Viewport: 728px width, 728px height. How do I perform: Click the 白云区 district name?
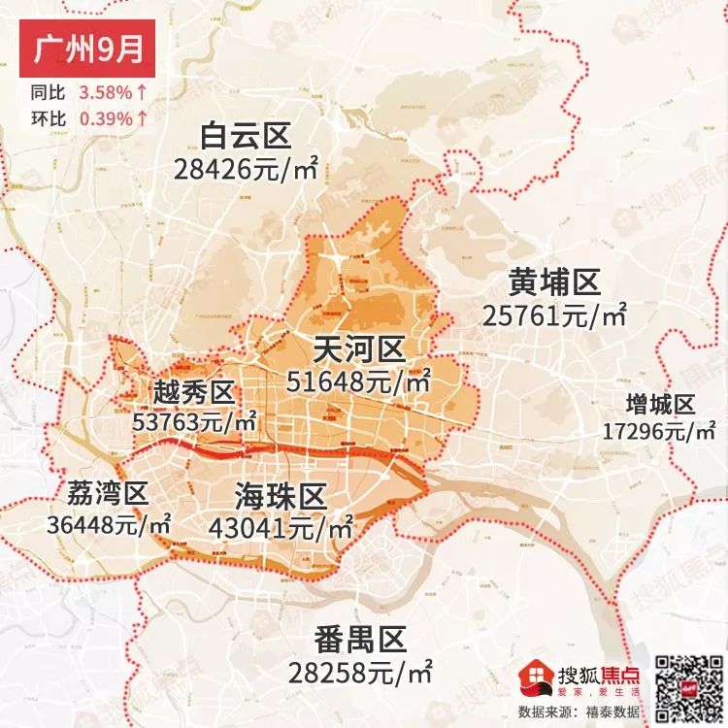tap(246, 136)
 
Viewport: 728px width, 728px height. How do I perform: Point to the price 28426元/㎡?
tap(248, 168)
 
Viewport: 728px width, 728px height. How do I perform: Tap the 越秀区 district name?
tap(194, 392)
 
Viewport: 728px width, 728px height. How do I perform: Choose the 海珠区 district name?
tap(281, 497)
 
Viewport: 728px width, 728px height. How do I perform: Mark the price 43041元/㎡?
tap(281, 529)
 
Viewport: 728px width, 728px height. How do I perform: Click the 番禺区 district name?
tap(359, 640)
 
